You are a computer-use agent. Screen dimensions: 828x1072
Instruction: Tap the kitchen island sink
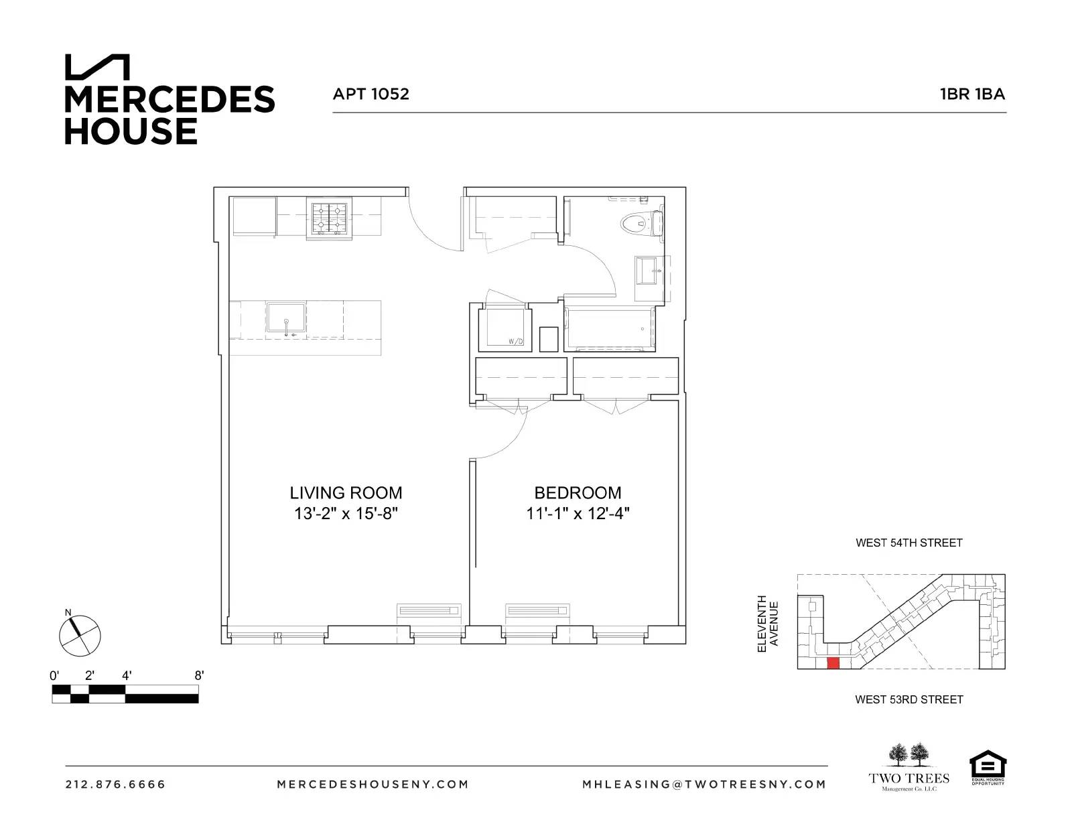[x=286, y=317]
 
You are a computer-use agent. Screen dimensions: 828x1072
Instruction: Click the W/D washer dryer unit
[x=505, y=328]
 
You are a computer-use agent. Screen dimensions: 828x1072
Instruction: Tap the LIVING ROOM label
[x=346, y=493]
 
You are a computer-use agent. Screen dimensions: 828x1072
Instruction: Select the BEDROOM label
[x=578, y=493]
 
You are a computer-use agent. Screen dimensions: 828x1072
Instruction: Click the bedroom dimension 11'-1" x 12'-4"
[x=578, y=514]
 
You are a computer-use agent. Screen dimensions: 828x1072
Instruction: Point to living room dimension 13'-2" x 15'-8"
[x=346, y=514]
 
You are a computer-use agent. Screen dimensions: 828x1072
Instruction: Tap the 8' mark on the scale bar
[x=198, y=676]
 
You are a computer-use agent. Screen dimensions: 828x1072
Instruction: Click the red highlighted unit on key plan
[x=833, y=663]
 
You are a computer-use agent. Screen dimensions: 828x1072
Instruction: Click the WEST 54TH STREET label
[x=909, y=543]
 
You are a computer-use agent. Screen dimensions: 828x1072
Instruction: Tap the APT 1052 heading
[x=371, y=94]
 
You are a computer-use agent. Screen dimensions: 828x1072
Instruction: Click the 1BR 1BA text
[x=972, y=94]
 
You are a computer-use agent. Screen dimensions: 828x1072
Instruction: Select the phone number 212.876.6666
[x=115, y=784]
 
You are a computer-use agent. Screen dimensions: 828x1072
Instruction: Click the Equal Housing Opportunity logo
[x=988, y=767]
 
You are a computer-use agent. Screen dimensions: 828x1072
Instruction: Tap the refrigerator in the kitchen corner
[x=254, y=216]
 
